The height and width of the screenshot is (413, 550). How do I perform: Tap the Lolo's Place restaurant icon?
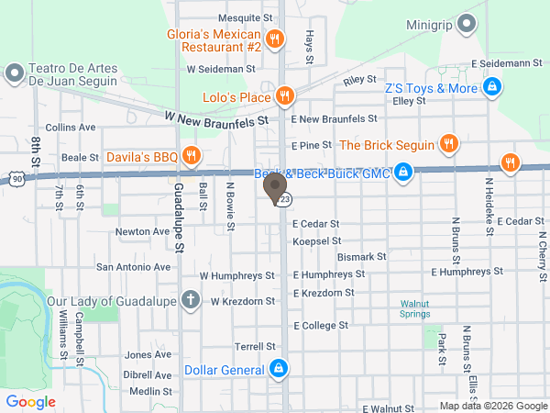click(285, 95)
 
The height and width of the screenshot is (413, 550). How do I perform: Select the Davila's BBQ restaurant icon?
click(192, 156)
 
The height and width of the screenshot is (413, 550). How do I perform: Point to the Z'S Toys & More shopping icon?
click(492, 88)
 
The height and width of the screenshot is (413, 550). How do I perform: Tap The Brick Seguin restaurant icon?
click(448, 143)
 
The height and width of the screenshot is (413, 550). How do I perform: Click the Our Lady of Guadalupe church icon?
click(190, 299)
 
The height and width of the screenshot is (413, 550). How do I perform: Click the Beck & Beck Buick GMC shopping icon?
click(402, 172)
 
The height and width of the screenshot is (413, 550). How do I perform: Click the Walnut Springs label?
click(421, 308)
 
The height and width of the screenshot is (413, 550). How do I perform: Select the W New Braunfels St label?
click(216, 117)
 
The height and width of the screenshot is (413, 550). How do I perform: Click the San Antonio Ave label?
click(134, 267)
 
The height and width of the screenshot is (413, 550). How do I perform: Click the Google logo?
click(31, 401)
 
